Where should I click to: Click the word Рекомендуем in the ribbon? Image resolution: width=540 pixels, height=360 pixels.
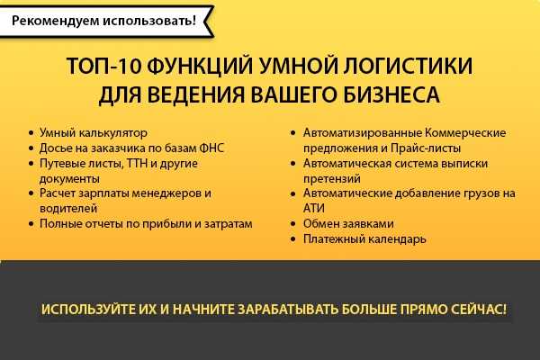pyautogui.click(x=55, y=21)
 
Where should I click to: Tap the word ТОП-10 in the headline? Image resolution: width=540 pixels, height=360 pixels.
pyautogui.click(x=104, y=66)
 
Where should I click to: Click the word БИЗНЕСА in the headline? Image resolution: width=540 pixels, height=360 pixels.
pyautogui.click(x=391, y=94)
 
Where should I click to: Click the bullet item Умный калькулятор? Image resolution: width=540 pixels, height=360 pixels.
pyautogui.click(x=94, y=132)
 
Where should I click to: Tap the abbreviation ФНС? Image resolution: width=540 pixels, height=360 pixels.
pyautogui.click(x=211, y=148)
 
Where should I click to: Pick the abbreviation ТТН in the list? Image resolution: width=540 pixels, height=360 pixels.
pyautogui.click(x=137, y=163)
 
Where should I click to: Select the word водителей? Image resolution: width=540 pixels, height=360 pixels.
pyautogui.click(x=68, y=209)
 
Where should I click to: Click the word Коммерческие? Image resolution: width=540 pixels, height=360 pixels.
pyautogui.click(x=465, y=132)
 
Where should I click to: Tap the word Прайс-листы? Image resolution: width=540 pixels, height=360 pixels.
pyautogui.click(x=426, y=148)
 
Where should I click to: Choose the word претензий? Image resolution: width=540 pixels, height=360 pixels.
pyautogui.click(x=331, y=178)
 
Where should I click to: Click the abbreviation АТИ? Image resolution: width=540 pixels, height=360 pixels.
pyautogui.click(x=314, y=209)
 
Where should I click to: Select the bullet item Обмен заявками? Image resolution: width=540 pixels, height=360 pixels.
pyautogui.click(x=348, y=224)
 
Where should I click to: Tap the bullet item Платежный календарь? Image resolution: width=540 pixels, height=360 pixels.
pyautogui.click(x=364, y=239)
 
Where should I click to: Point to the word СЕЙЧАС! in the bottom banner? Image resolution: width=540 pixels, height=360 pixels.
pyautogui.click(x=479, y=310)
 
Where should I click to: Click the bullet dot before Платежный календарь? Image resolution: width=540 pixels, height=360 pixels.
pyautogui.click(x=293, y=239)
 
